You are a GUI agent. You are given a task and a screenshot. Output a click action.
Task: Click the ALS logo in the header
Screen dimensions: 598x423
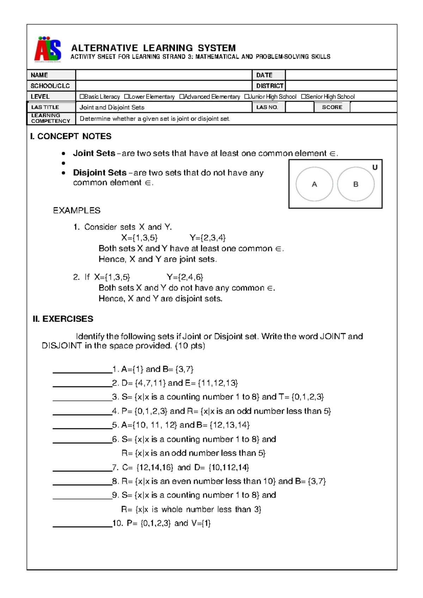(x=48, y=49)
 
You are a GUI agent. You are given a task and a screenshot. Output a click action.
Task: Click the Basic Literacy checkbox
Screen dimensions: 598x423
(x=82, y=97)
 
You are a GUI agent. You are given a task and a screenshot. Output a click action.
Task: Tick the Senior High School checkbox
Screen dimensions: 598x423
(x=303, y=97)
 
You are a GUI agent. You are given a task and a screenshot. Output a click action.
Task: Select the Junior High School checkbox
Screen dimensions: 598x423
(x=246, y=97)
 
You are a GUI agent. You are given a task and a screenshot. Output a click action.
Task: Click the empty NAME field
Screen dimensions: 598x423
(x=164, y=75)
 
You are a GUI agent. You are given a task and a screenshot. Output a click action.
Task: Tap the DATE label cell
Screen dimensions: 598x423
(x=268, y=75)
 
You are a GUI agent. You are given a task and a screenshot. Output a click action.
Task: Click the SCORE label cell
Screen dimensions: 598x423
(x=332, y=107)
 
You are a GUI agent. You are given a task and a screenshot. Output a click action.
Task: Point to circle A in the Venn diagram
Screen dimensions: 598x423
(x=314, y=184)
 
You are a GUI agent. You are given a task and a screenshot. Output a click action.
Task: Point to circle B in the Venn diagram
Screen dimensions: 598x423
(x=356, y=184)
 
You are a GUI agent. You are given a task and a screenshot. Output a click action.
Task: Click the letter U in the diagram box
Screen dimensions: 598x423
(x=375, y=167)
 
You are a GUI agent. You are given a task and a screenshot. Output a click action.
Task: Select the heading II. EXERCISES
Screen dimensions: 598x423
(x=63, y=319)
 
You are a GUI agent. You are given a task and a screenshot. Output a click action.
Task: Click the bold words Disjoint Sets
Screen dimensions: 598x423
(x=100, y=173)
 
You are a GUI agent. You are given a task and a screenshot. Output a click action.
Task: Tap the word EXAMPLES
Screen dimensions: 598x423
(x=76, y=210)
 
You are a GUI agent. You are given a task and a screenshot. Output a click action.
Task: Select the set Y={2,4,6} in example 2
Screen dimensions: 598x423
(x=185, y=277)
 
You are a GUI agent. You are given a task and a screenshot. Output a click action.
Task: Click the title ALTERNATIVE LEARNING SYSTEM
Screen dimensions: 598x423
(x=153, y=48)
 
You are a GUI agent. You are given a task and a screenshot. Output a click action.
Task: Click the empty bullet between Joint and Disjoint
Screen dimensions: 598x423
(x=63, y=163)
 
